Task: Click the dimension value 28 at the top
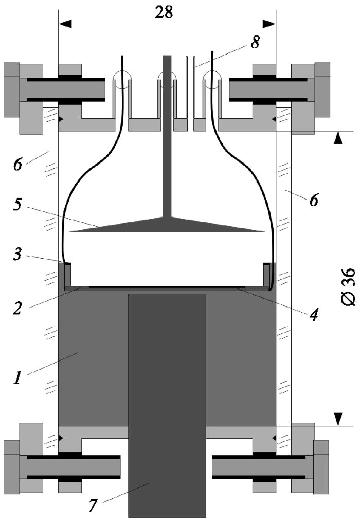164,12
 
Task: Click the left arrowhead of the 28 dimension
65,24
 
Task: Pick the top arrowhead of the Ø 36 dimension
337,138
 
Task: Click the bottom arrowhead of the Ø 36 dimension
337,419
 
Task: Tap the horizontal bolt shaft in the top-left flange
62,90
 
